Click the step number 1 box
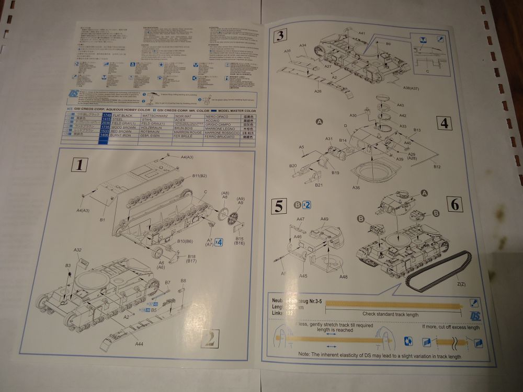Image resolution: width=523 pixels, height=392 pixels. (79, 166)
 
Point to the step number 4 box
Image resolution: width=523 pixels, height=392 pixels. (444, 124)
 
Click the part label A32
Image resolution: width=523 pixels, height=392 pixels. (77, 250)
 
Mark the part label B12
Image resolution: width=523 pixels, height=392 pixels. (437, 167)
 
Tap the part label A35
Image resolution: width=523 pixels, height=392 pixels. (288, 51)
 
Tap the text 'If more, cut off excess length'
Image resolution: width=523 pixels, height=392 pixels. (450, 327)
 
